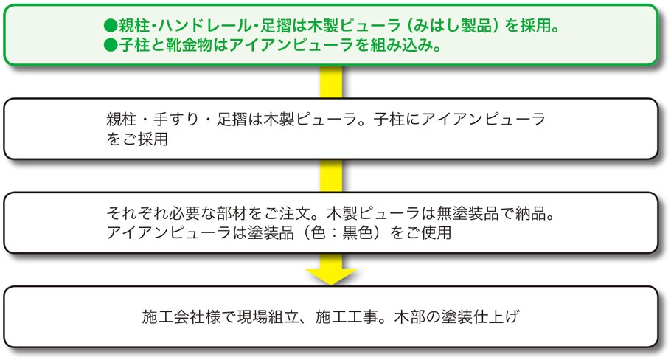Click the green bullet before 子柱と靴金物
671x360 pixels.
coord(111,45)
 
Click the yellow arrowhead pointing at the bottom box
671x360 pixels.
coord(332,274)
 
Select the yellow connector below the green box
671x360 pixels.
coord(332,80)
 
